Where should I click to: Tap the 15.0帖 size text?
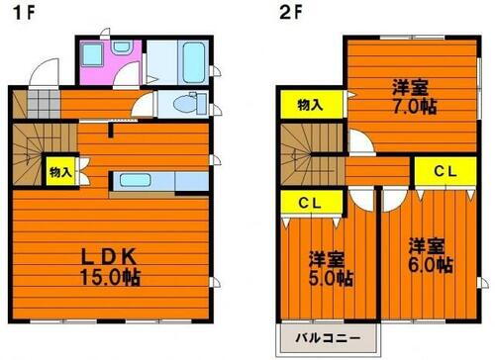pyautogui.click(x=110, y=278)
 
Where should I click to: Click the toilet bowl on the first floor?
pyautogui.click(x=186, y=102)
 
